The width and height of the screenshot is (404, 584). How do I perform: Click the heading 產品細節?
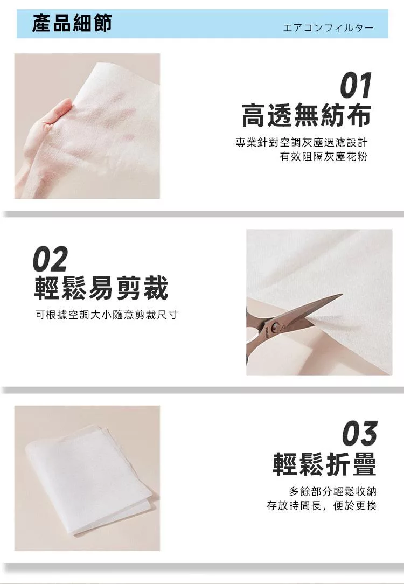pos(72,23)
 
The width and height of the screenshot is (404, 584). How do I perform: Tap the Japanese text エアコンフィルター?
pos(328,28)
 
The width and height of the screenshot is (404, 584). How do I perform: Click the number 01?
pos(356,85)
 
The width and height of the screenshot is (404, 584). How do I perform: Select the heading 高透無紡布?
pos(306,115)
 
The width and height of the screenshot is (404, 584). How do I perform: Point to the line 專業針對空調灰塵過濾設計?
pos(302,142)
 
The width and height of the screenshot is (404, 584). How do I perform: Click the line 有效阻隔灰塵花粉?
pos(324,156)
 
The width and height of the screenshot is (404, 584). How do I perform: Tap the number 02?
pos(51,259)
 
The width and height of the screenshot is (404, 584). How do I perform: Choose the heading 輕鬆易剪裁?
pos(101,288)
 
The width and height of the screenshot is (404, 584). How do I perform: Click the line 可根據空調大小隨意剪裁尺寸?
pos(107,315)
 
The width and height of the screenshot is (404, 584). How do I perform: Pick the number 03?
pos(360,433)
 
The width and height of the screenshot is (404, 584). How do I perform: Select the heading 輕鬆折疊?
pos(324,464)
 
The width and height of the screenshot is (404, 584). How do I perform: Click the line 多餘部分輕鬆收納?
pos(333,491)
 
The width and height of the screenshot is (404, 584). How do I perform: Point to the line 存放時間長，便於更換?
pos(322,505)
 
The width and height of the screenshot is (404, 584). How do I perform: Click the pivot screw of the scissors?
pos(276,326)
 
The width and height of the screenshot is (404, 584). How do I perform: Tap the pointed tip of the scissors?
pos(342,295)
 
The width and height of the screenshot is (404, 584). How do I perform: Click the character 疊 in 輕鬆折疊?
pos(365,464)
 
